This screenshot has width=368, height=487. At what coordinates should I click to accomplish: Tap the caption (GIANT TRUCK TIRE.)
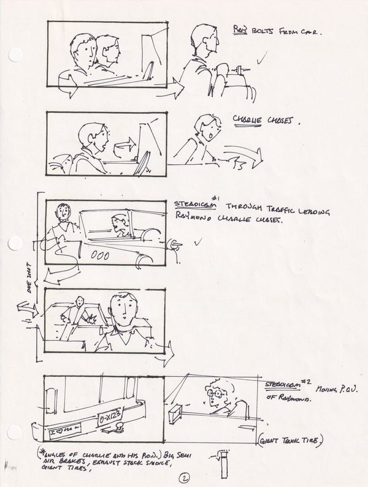tap(291, 440)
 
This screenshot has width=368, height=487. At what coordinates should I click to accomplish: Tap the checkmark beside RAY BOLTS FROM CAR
tap(263, 59)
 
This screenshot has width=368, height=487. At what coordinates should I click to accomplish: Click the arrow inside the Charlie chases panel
tap(125, 146)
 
